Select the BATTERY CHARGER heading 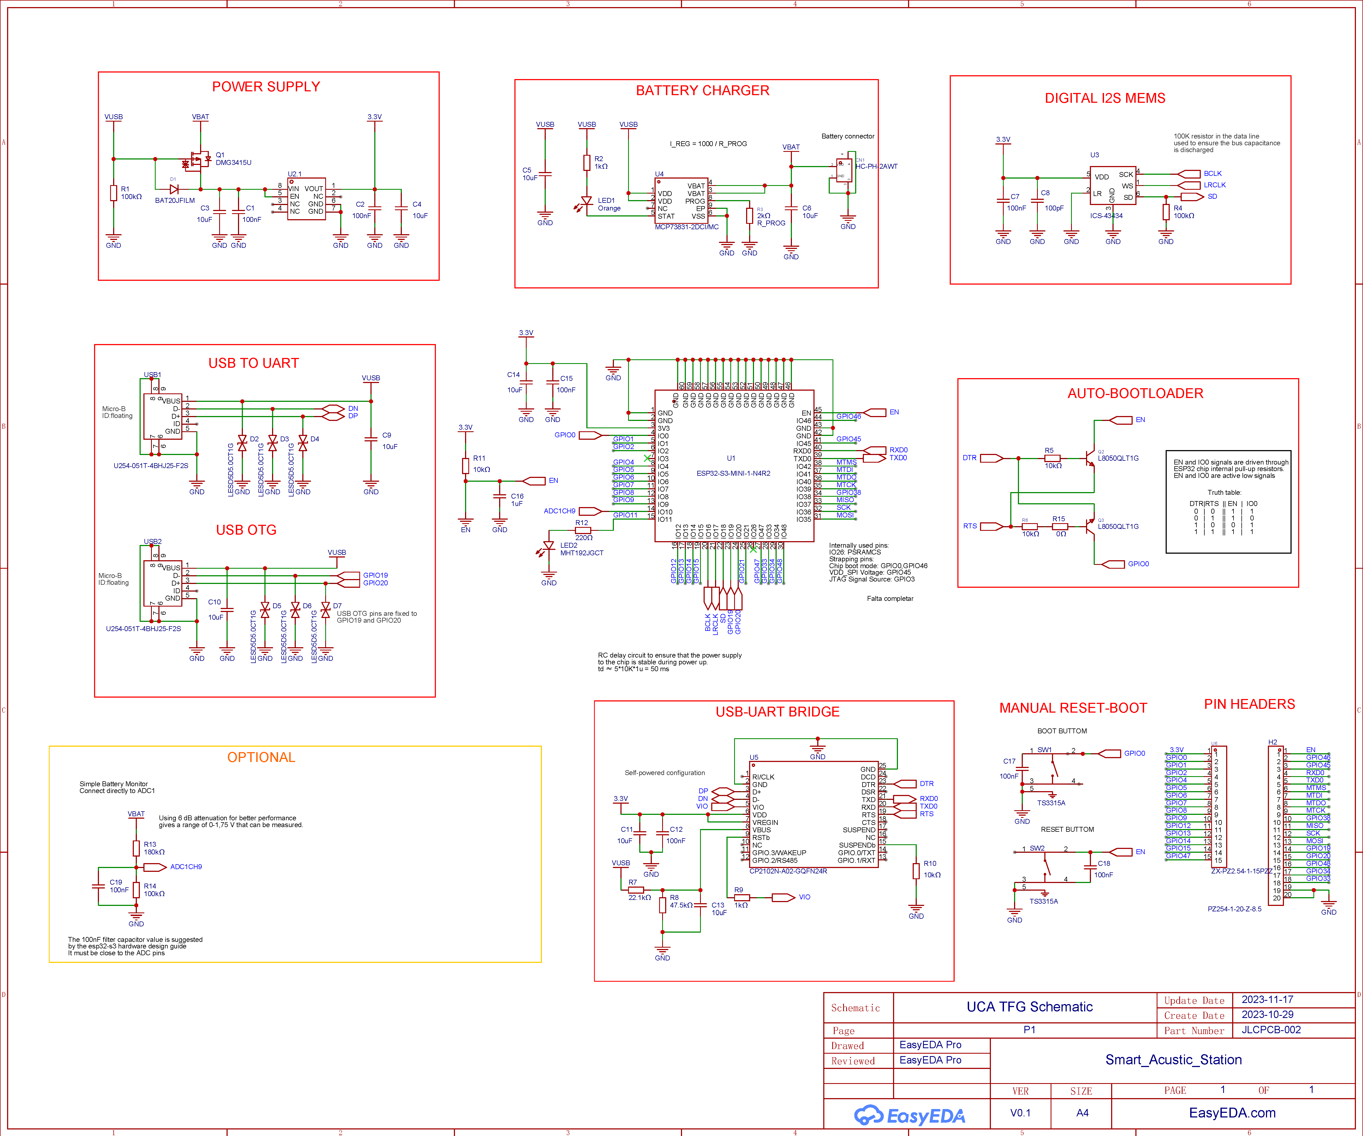pos(702,90)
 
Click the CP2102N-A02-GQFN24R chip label pos(788,871)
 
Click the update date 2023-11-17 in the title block pos(1267,1000)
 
